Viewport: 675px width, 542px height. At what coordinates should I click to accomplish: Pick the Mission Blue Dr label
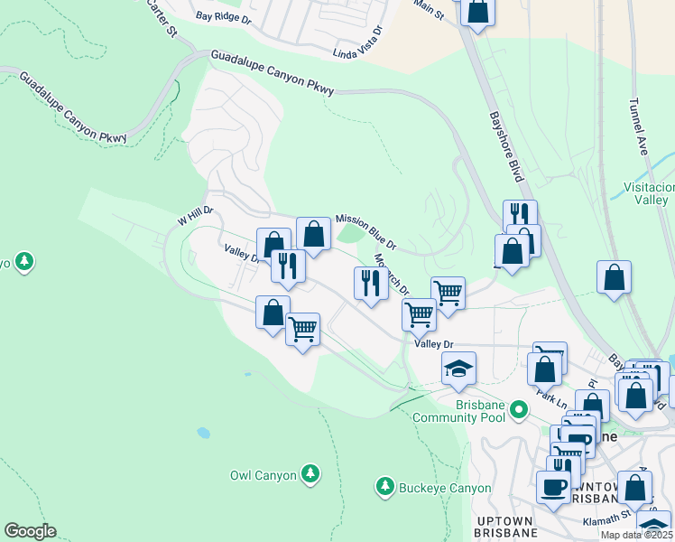coord(365,231)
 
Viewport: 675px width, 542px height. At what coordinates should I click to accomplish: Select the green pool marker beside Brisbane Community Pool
coord(518,411)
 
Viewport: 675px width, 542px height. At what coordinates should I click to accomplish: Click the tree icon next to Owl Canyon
coord(310,473)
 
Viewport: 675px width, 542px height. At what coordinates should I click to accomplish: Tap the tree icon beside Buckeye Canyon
coord(384,488)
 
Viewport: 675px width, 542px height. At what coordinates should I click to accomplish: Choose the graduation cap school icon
coord(458,369)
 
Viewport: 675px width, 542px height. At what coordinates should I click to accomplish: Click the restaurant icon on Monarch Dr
coord(371,284)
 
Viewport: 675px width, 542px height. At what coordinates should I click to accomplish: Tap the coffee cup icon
coord(553,486)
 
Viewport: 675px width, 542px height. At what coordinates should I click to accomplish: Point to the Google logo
coord(30,531)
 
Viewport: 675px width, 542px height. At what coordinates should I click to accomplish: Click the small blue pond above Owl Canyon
coord(203,433)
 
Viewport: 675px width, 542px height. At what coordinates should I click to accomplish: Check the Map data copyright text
coord(635,535)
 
